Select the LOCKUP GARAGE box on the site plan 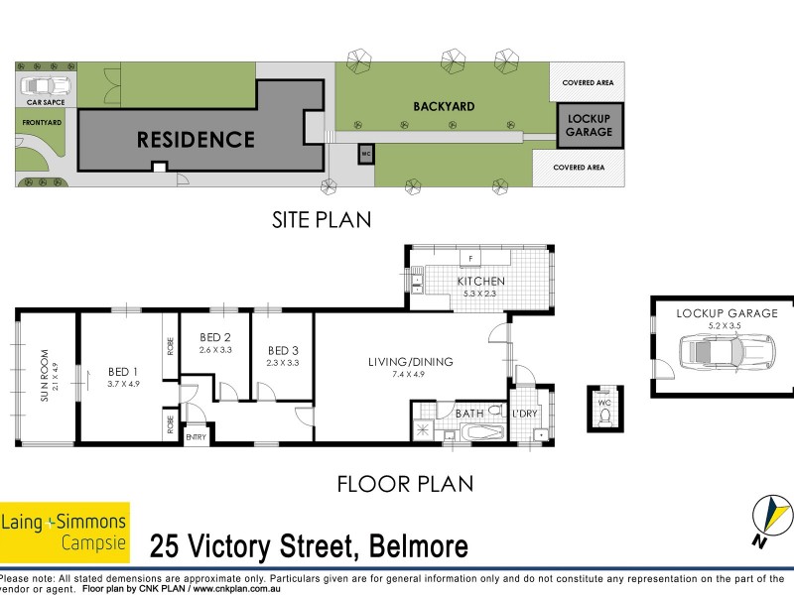(x=589, y=126)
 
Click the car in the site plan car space (x=45, y=86)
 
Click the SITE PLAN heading (x=323, y=220)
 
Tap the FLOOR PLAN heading (x=405, y=485)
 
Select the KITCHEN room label (x=480, y=282)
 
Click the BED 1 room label (x=123, y=372)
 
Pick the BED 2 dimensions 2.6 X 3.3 (x=214, y=349)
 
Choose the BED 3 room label (x=283, y=350)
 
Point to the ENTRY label (x=196, y=437)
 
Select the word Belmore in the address (x=418, y=547)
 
